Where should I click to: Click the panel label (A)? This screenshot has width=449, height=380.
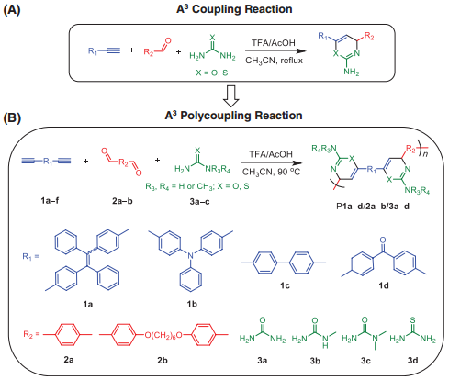[x=12, y=10]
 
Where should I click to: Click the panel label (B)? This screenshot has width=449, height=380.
[x=12, y=117]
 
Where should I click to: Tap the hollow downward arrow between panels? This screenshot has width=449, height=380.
[x=231, y=96]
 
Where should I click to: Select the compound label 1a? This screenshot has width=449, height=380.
[x=88, y=304]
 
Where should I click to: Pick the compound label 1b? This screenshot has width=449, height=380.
[x=192, y=304]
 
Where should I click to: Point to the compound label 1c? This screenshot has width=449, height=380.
[x=285, y=285]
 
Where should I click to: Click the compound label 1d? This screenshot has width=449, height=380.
[x=384, y=285]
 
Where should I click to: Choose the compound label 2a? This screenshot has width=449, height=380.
[x=69, y=360]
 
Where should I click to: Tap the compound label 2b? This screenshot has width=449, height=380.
[x=163, y=360]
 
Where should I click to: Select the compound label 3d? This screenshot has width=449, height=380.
[x=412, y=360]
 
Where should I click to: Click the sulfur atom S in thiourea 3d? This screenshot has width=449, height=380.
[x=412, y=320]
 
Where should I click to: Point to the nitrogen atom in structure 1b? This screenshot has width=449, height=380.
[x=190, y=255]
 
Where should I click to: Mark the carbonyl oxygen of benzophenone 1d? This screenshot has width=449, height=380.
[x=383, y=240]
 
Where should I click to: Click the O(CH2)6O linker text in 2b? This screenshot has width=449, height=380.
[x=163, y=335]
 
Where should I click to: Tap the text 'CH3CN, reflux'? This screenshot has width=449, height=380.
[x=274, y=61]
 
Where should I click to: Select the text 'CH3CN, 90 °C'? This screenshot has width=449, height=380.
[x=271, y=172]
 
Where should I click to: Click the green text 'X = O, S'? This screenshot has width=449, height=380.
[x=212, y=73]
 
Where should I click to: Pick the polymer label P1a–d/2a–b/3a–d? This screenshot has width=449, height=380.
[x=373, y=206]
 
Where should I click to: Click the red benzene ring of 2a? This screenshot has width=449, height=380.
[x=67, y=334]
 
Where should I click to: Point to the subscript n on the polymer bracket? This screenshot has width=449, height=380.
[x=425, y=154]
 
